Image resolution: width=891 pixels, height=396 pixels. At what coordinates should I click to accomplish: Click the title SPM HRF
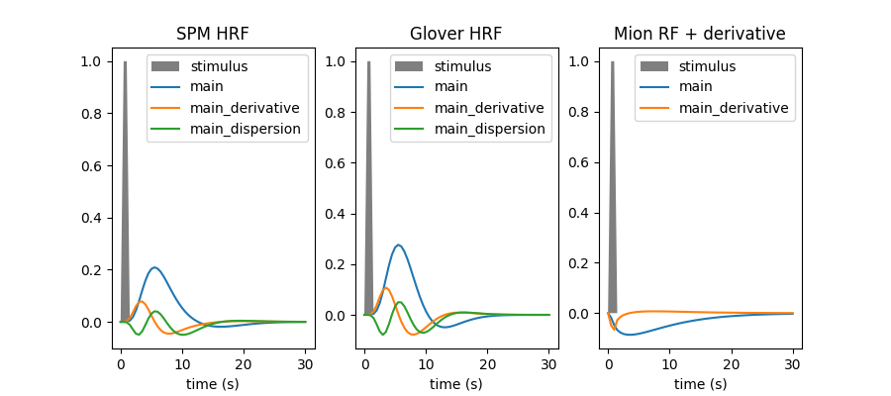coord(212,34)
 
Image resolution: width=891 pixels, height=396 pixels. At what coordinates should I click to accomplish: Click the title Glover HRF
coord(455,34)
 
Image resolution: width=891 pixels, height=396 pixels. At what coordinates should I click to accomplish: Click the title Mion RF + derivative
coord(699,34)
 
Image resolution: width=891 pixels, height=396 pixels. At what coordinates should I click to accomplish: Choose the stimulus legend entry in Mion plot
coord(707,66)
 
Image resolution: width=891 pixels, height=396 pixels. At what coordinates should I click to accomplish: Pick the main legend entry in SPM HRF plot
coord(207,87)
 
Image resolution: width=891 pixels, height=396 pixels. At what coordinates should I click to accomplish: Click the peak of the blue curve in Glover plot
coord(398,245)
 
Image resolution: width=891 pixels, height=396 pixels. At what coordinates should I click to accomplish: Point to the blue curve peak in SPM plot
coord(154,267)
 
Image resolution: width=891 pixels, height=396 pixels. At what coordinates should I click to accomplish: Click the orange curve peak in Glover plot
coord(385,288)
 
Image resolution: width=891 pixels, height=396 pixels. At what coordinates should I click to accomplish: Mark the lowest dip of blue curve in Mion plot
coord(630,335)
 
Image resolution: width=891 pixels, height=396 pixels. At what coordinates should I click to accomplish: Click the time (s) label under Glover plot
coord(455,383)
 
